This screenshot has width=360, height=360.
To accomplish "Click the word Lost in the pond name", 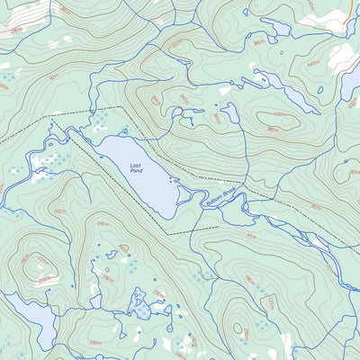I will (136, 166).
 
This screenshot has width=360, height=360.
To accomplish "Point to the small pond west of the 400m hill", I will (229, 112).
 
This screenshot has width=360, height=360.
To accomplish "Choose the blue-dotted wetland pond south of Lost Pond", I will (143, 303).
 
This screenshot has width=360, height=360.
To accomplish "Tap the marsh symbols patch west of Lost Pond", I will (45, 162).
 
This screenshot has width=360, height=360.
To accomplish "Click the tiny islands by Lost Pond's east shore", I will (175, 181).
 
